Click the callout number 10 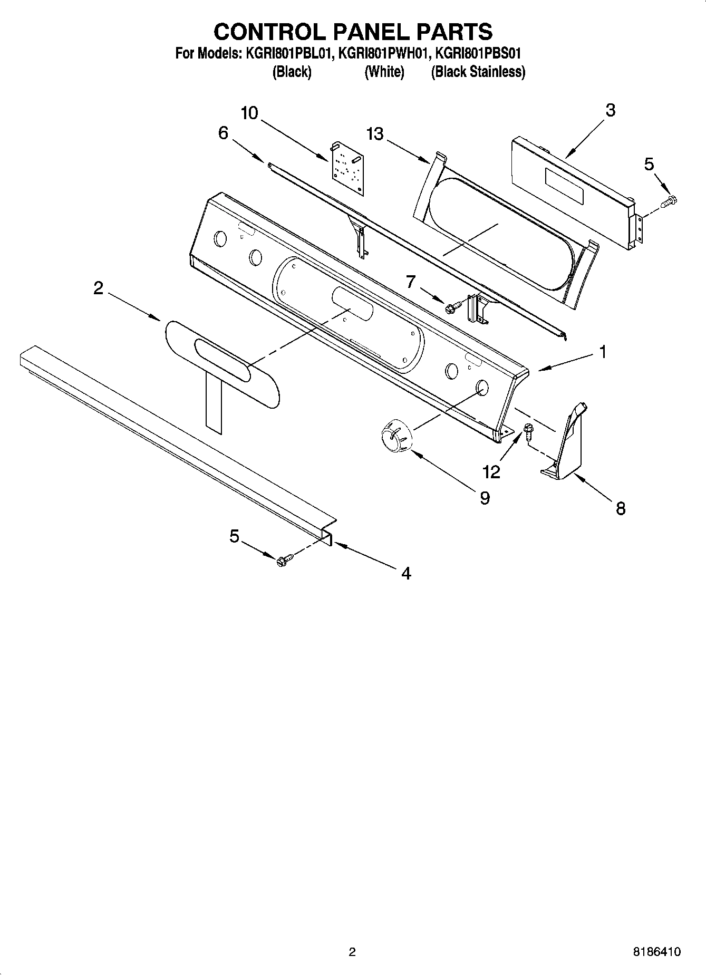(x=250, y=113)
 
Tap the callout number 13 (x=375, y=134)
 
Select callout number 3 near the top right (x=610, y=110)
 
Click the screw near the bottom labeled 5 (x=283, y=559)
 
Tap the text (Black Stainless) (x=478, y=72)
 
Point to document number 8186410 (x=656, y=952)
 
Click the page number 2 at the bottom (x=352, y=952)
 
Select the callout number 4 (x=405, y=573)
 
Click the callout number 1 (x=603, y=352)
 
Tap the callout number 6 (x=223, y=133)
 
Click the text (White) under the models (x=384, y=72)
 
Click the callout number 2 (x=98, y=288)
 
